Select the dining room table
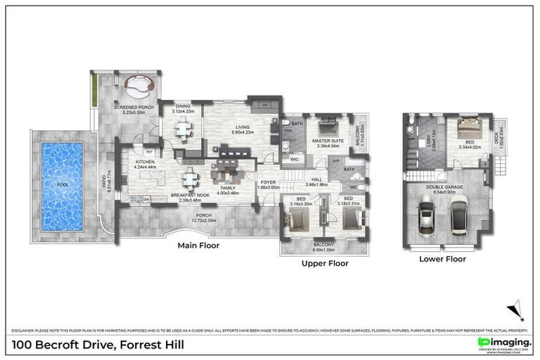183,128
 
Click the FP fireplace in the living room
266,105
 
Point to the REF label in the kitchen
149,151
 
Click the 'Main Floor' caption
199,246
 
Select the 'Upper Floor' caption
325,264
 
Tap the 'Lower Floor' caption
442,259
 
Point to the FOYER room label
268,181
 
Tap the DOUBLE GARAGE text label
443,185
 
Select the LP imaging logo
503,341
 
